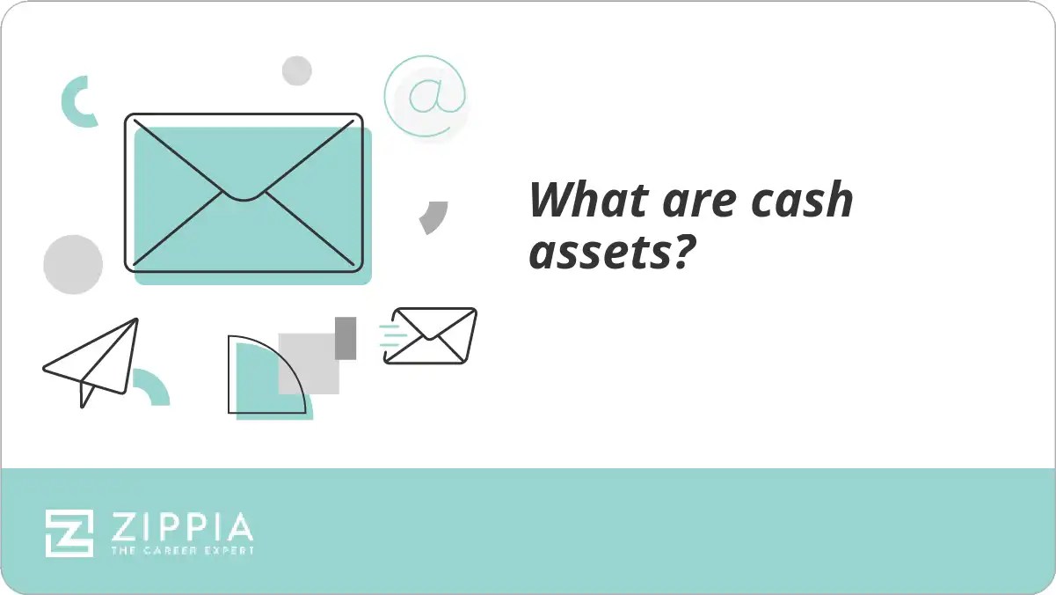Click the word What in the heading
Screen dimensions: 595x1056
click(x=575, y=201)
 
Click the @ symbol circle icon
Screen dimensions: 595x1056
click(x=425, y=96)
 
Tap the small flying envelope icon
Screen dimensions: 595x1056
click(x=432, y=335)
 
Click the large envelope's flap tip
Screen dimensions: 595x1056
click(x=244, y=196)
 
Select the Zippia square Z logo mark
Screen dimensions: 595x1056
click(x=69, y=533)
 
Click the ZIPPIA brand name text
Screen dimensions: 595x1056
click(x=182, y=528)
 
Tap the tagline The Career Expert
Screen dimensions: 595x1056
click(x=182, y=550)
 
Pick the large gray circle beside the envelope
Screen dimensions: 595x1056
click(x=73, y=264)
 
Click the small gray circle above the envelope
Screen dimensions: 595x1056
click(x=297, y=70)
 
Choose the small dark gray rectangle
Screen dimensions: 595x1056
click(x=346, y=338)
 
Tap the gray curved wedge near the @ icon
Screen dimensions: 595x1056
click(x=433, y=217)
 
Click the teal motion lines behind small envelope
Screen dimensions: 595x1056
click(x=391, y=335)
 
